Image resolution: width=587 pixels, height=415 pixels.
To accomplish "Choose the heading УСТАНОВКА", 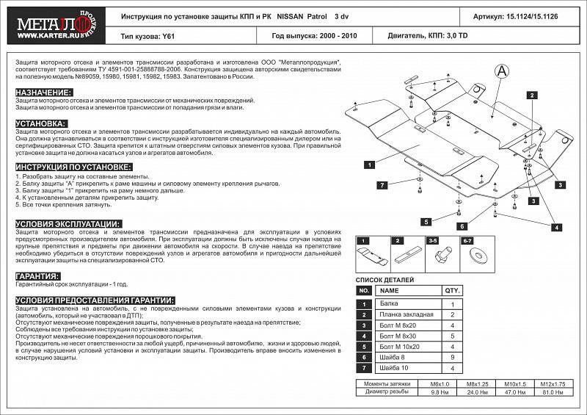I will (40, 123).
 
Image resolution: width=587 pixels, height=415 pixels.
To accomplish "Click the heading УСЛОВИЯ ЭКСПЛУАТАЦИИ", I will (68, 223).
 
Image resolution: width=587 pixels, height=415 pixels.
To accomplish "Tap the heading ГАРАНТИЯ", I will (37, 276).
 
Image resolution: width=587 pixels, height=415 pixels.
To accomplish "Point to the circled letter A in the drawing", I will (502, 71).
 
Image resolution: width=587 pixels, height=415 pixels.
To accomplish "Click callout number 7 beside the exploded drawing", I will (382, 185).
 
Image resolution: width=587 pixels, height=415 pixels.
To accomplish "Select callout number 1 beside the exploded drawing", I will (364, 164).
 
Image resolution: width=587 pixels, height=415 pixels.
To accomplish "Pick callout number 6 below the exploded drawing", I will (462, 226).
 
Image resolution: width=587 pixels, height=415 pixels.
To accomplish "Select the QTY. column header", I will (452, 291).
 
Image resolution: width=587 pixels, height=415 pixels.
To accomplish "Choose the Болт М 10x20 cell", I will (400, 345).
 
